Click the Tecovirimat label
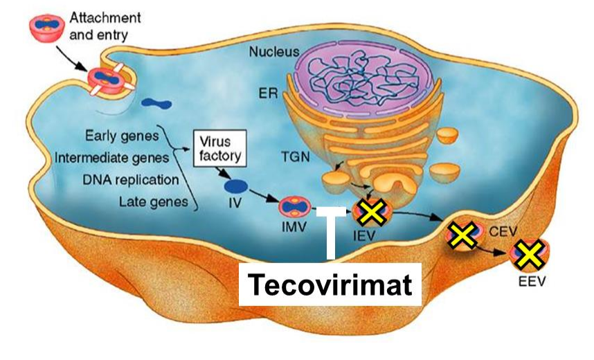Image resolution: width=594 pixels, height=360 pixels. tap(330, 284)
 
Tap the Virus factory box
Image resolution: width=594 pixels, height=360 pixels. tap(219, 148)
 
